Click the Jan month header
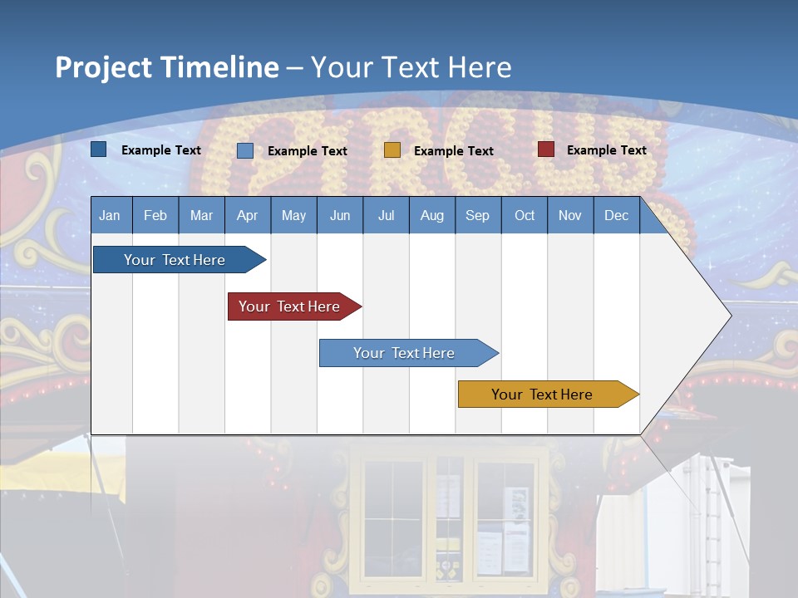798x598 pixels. (111, 215)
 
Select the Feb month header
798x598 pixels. (155, 215)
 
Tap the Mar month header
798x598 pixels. (201, 215)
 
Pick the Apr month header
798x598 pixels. (248, 215)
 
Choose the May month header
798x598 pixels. (293, 215)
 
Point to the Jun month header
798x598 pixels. (340, 215)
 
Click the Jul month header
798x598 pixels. (386, 215)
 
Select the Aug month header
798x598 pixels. (432, 215)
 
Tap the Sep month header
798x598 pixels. (478, 215)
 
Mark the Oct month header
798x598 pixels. (525, 215)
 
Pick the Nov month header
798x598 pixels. (570, 215)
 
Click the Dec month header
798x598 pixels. (617, 215)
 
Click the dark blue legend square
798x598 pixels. (99, 149)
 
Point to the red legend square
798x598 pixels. (546, 149)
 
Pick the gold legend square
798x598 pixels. (392, 150)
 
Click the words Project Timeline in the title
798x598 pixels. (167, 67)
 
